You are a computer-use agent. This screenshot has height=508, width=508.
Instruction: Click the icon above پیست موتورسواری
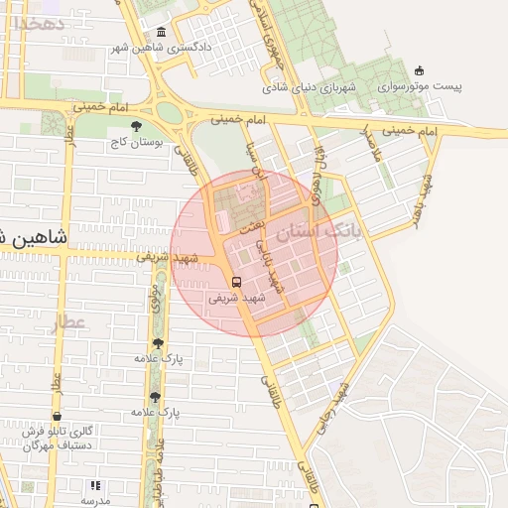pos(420,69)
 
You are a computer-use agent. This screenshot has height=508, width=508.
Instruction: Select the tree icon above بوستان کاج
pos(136,126)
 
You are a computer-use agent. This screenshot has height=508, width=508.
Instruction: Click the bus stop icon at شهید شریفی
pos(235,280)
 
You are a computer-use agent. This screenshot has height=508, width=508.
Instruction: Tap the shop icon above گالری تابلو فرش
pos(57,416)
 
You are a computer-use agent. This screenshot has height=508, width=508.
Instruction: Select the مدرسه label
pos(96,502)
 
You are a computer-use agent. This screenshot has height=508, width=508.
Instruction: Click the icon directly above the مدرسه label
pos(96,485)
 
